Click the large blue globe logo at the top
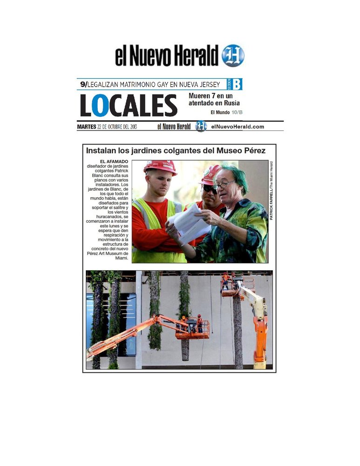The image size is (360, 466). (232, 56)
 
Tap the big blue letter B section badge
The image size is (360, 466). (237, 84)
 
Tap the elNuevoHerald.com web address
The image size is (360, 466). (238, 127)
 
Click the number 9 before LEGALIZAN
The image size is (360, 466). (82, 84)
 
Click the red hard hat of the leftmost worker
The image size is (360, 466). (160, 166)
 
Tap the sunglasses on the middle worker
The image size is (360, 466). (209, 189)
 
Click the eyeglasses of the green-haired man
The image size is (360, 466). (223, 185)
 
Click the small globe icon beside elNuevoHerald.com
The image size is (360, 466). (201, 126)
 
